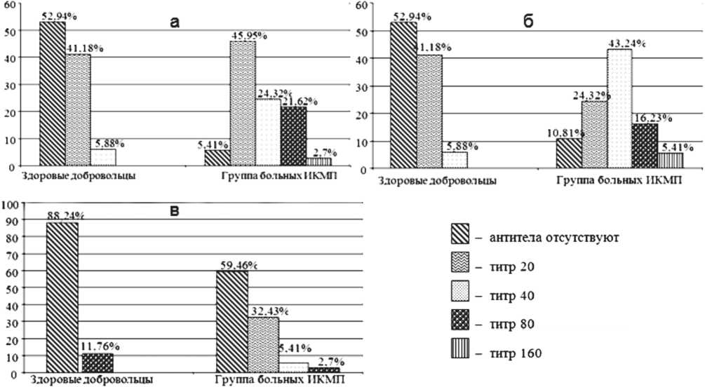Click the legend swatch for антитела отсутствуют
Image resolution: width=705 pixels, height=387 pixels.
click(462, 235)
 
